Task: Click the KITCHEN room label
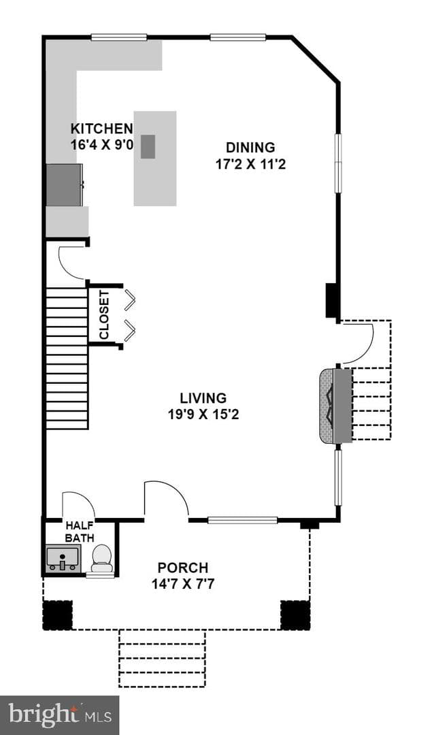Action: click(102, 128)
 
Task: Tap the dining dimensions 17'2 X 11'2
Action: click(251, 165)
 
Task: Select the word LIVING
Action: click(203, 398)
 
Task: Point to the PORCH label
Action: click(183, 568)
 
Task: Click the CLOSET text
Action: click(104, 315)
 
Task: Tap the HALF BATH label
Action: click(79, 532)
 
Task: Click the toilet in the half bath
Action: click(102, 558)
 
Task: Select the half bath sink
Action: click(63, 558)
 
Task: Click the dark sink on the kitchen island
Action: click(148, 147)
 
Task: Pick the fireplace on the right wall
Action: click(335, 406)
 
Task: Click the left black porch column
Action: click(58, 615)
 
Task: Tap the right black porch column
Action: click(295, 615)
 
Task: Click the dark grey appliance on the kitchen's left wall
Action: click(64, 184)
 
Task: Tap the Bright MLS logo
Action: click(60, 715)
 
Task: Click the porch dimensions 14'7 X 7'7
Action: click(183, 585)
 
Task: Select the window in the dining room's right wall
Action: click(338, 163)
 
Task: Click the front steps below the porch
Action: click(162, 659)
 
